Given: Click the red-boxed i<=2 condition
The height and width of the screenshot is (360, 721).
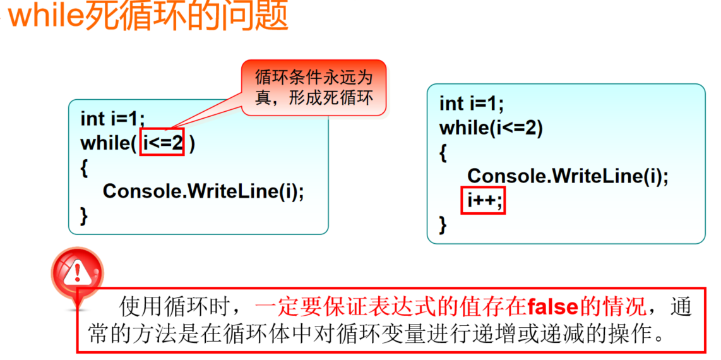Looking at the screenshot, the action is (162, 143).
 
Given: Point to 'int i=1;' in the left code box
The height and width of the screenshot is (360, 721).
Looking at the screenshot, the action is (112, 119).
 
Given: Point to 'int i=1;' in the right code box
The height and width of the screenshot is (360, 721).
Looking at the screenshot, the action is (471, 104).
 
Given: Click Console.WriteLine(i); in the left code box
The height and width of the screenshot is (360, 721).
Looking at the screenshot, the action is (203, 190).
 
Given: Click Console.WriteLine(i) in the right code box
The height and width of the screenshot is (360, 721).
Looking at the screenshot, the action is (567, 176).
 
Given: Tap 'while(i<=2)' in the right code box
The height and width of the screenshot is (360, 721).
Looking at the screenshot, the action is (491, 128).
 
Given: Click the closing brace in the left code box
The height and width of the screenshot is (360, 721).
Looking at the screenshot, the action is (84, 215).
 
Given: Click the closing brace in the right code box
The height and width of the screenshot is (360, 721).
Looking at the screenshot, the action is (443, 224).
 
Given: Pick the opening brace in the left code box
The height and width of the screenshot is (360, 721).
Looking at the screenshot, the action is (84, 167).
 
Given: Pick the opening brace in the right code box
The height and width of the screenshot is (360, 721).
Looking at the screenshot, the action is (443, 152).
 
